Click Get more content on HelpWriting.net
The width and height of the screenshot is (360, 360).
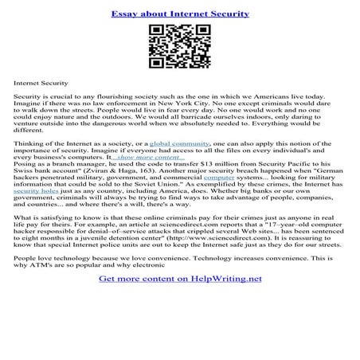(179, 302)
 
